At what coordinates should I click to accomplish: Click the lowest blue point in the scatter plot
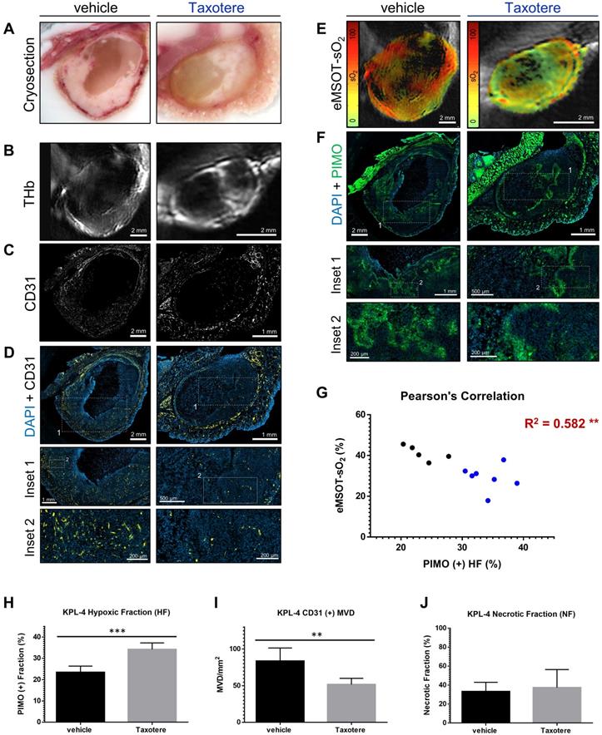[x=488, y=501]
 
